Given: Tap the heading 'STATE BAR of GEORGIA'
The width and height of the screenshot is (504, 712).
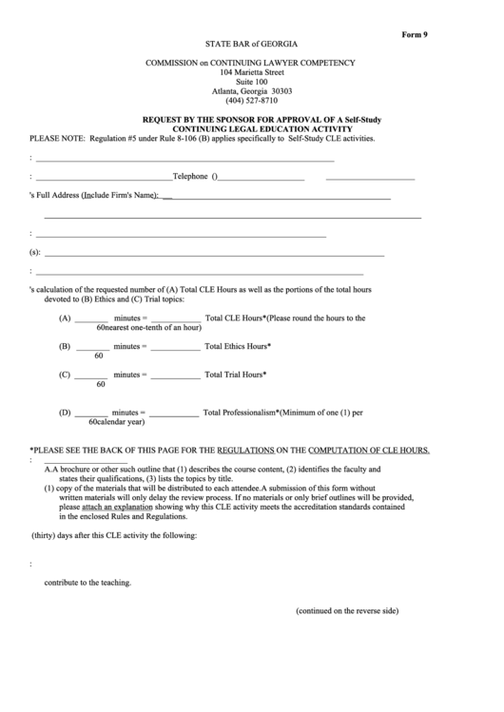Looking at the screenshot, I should click(x=250, y=45).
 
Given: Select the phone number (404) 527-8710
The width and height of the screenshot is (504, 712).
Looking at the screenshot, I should click(x=251, y=100).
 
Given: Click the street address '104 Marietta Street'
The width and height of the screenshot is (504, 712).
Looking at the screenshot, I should click(x=251, y=72).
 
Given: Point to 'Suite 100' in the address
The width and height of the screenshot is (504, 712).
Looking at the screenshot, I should click(x=251, y=82).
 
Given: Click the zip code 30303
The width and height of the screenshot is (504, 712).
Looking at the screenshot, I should click(x=280, y=91).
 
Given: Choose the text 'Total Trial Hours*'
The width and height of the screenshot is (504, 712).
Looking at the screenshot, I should click(x=235, y=375).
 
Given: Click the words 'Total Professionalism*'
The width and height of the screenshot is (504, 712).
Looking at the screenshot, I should click(x=241, y=413).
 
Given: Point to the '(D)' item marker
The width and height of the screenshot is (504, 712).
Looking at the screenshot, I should click(x=65, y=413).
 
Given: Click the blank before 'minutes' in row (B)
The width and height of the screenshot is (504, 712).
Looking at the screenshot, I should click(x=91, y=349).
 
